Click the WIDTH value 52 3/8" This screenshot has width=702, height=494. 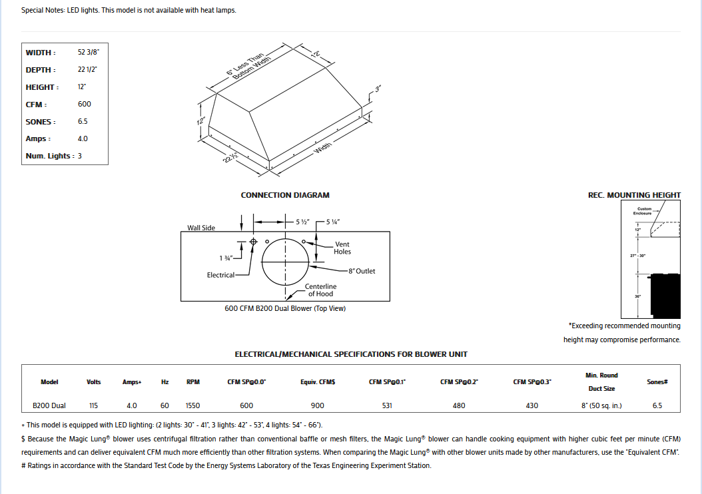coord(89,52)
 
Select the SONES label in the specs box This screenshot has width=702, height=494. coord(41,122)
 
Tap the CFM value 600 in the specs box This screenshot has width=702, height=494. coord(85,104)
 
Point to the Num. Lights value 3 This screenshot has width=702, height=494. coord(80,156)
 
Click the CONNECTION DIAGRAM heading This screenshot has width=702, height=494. coord(285,195)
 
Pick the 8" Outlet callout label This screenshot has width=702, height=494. coord(362,271)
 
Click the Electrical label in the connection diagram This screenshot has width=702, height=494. coord(220,275)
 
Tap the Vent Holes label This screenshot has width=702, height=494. coord(342,248)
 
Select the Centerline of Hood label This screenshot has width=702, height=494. coord(320,290)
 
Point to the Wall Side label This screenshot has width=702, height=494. coord(201,228)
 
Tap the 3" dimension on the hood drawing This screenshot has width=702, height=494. coord(378,89)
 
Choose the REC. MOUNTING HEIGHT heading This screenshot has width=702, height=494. coord(633,195)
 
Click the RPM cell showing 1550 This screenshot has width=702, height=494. coord(193,405)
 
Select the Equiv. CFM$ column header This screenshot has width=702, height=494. coord(317,382)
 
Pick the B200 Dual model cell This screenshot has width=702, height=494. coord(49,405)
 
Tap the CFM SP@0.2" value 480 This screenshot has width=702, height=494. coord(459,405)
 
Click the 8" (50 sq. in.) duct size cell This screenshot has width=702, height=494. coord(601,405)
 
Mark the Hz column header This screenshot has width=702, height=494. coord(165,382)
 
